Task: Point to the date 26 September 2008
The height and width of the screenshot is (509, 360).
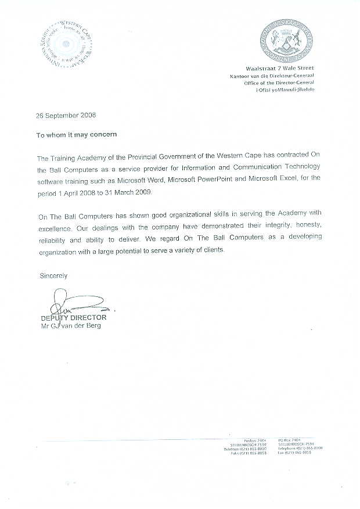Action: click(x=66, y=115)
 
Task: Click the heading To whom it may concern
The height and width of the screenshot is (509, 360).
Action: click(x=77, y=134)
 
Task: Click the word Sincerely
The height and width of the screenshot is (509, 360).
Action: click(x=53, y=275)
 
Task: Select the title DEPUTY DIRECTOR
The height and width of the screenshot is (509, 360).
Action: click(x=74, y=318)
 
